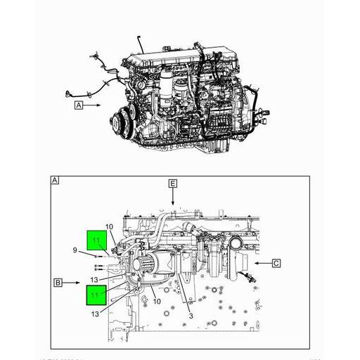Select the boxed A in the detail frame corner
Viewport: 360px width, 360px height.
tap(54, 181)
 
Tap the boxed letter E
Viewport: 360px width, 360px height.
tap(172, 184)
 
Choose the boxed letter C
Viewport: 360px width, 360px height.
tap(276, 264)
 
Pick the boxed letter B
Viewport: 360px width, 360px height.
tap(59, 283)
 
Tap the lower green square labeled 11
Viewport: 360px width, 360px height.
tap(96, 294)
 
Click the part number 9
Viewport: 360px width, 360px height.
tap(75, 251)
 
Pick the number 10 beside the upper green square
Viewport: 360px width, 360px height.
tap(109, 226)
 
